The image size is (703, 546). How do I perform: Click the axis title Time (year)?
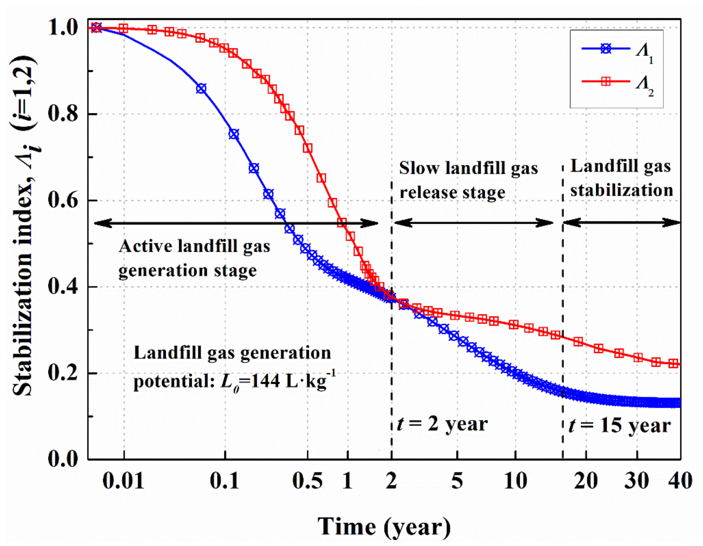[384, 527]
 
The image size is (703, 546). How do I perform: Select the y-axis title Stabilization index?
[24, 225]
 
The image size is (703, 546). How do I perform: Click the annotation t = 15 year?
[620, 426]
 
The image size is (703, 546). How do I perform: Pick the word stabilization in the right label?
[622, 190]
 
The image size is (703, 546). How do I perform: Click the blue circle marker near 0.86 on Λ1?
[201, 89]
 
